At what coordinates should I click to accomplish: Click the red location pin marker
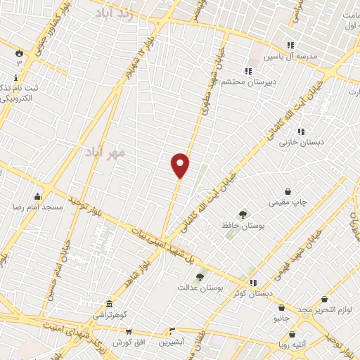tap(181, 165)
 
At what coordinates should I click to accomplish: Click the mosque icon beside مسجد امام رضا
tap(37, 196)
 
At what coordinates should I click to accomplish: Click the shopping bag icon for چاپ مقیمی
tap(288, 191)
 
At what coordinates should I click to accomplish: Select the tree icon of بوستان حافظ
tap(243, 214)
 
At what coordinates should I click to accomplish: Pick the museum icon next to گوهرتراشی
tap(109, 304)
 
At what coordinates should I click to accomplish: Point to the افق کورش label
tap(128, 342)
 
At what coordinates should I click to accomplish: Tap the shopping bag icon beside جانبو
tap(282, 307)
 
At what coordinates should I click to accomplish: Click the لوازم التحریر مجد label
tap(324, 310)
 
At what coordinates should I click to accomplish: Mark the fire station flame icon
tap(19, 52)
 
